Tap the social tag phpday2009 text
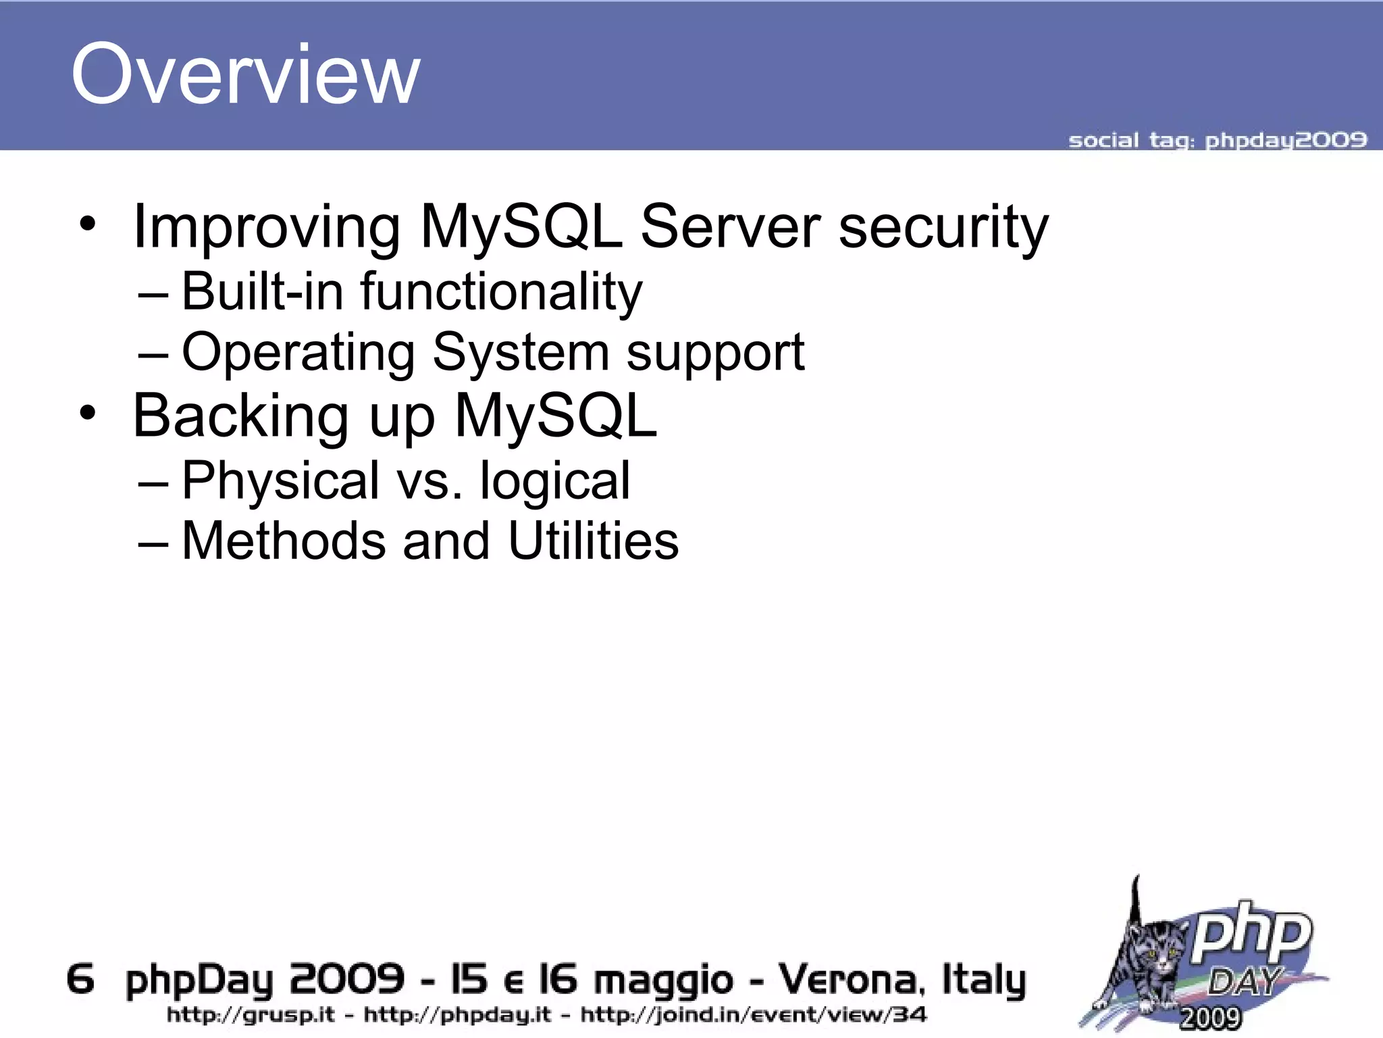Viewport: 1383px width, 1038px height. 1217,141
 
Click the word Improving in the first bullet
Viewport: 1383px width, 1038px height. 267,228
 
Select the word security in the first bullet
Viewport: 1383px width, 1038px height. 943,228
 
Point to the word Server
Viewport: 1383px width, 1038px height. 731,227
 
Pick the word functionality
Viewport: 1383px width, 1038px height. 501,293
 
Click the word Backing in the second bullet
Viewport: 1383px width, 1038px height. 240,417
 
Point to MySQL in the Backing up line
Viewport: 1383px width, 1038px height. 555,416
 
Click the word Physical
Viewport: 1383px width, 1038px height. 280,481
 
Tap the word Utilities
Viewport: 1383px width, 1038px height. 593,541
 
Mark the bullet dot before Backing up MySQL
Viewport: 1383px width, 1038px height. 87,412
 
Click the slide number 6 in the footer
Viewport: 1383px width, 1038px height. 80,979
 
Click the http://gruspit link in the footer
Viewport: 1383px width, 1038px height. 251,1015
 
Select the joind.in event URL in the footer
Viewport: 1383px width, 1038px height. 753,1015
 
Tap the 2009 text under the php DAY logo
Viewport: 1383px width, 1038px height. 1210,1018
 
